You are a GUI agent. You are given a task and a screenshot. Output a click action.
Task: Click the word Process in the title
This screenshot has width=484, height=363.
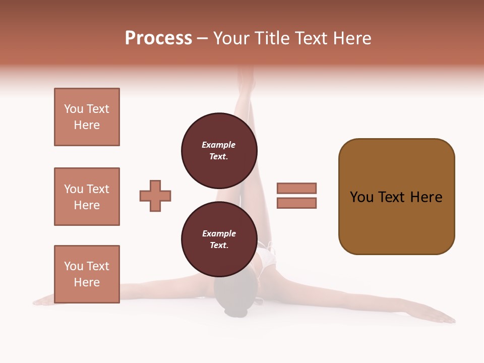point(158,38)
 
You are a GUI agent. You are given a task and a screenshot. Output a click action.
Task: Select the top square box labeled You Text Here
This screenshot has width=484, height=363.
point(87,117)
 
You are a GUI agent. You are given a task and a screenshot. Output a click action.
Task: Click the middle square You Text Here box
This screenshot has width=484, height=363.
point(87,197)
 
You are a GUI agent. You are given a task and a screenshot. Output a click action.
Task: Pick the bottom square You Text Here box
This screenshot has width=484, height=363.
point(87,274)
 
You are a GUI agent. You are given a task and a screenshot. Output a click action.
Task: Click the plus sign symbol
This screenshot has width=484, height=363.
point(155,196)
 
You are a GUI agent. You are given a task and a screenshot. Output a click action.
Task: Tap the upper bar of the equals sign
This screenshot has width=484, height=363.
point(297,188)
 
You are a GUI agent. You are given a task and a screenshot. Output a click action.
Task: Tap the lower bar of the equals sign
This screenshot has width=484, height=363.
point(297,203)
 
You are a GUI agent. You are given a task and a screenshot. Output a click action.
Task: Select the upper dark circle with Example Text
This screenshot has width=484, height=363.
point(219,150)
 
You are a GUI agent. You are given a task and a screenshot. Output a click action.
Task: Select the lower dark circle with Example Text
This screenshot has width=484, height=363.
point(219,239)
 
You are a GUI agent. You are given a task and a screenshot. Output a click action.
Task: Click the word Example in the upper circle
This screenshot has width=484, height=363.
point(218,145)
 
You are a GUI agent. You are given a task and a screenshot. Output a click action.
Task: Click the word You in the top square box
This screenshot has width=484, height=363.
point(74,109)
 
